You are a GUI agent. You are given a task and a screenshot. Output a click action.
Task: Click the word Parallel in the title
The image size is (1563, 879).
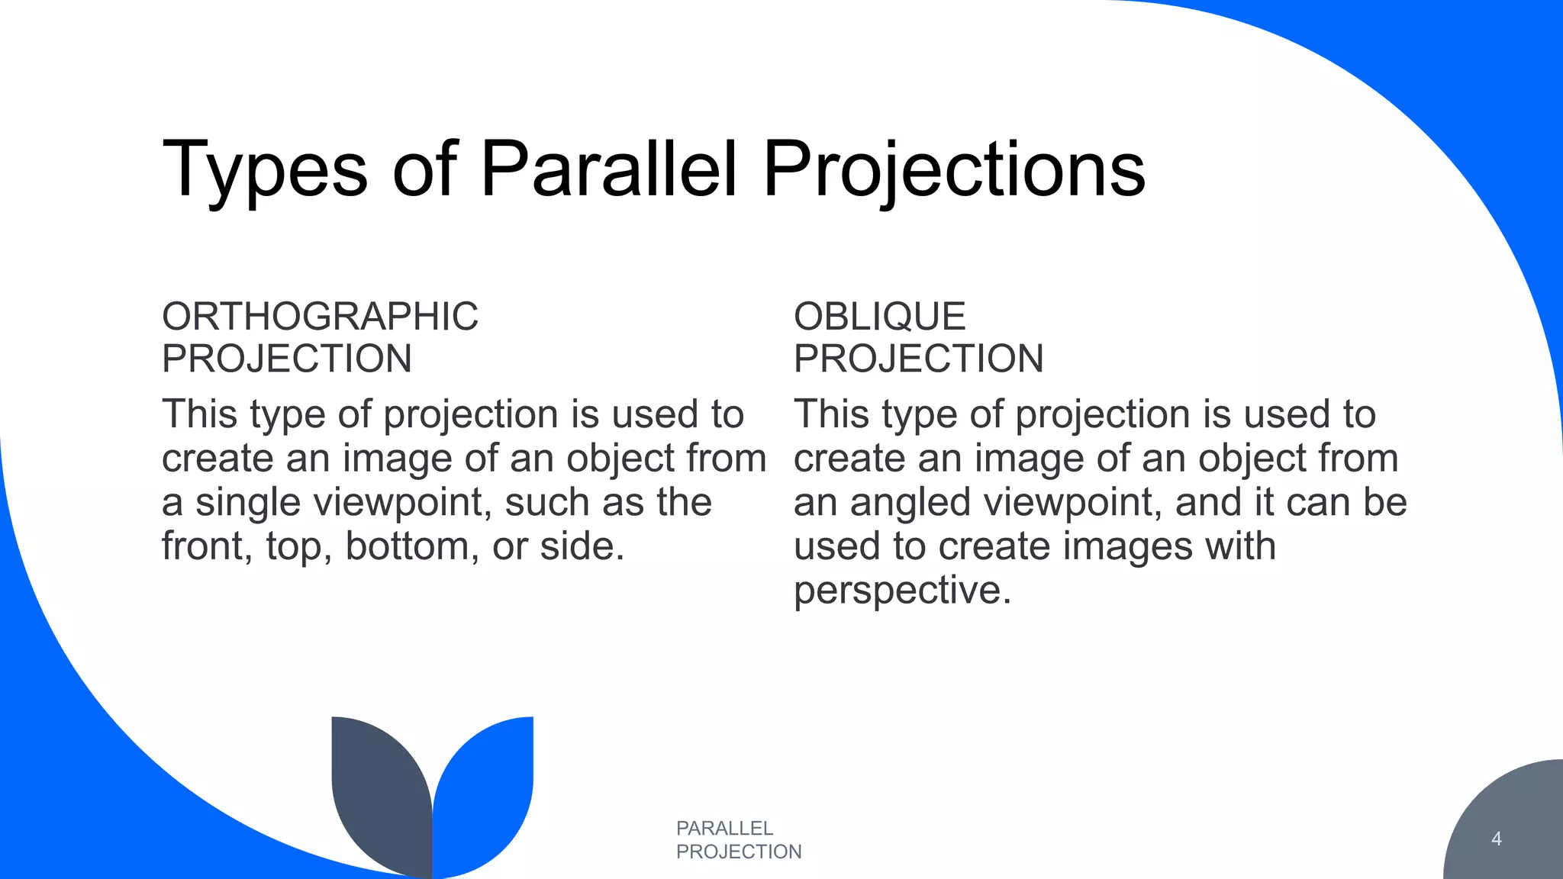coord(608,169)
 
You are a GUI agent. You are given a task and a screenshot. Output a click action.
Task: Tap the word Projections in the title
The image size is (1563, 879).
coord(954,169)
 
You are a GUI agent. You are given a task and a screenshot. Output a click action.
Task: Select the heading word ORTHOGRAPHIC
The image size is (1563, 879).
coord(320,317)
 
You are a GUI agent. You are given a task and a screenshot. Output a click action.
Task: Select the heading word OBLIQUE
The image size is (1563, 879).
coord(879,317)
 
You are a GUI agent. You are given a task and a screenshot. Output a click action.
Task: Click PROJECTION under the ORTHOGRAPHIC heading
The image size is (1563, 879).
coord(287,359)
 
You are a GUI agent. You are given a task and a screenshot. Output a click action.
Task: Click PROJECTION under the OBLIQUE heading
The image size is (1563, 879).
coord(918,359)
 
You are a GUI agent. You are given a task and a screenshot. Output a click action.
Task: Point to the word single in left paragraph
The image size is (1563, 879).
coord(247,503)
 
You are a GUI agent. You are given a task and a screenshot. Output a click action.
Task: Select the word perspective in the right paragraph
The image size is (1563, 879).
coord(902,591)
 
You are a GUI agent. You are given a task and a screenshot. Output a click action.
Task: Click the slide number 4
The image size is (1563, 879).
coord(1496,839)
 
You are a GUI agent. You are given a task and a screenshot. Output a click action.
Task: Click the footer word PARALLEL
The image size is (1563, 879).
coord(724,828)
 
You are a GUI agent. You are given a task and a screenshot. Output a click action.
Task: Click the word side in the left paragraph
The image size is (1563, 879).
coord(582,546)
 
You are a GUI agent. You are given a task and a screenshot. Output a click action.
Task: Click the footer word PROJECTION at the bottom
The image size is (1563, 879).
coord(739,852)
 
